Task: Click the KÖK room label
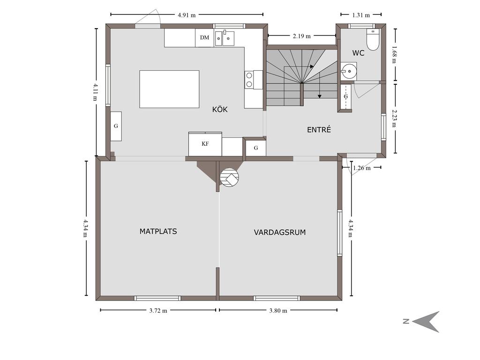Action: (220, 109)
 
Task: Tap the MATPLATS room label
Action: (158, 232)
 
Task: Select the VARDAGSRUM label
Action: (280, 232)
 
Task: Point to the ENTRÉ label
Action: (319, 129)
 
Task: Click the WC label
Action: (358, 53)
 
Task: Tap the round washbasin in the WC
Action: (349, 71)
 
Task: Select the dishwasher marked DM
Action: (204, 37)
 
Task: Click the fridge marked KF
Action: (205, 144)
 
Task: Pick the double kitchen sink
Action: (225, 38)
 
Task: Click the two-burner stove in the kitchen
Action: (249, 80)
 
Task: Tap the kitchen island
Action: (169, 89)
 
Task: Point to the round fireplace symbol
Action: (229, 178)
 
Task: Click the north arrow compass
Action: (426, 322)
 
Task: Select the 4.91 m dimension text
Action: (187, 15)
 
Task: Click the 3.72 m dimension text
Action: (158, 311)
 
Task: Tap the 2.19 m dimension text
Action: (301, 36)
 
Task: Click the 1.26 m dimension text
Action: (362, 168)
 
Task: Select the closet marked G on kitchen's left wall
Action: (116, 126)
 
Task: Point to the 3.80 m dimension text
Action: (278, 311)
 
